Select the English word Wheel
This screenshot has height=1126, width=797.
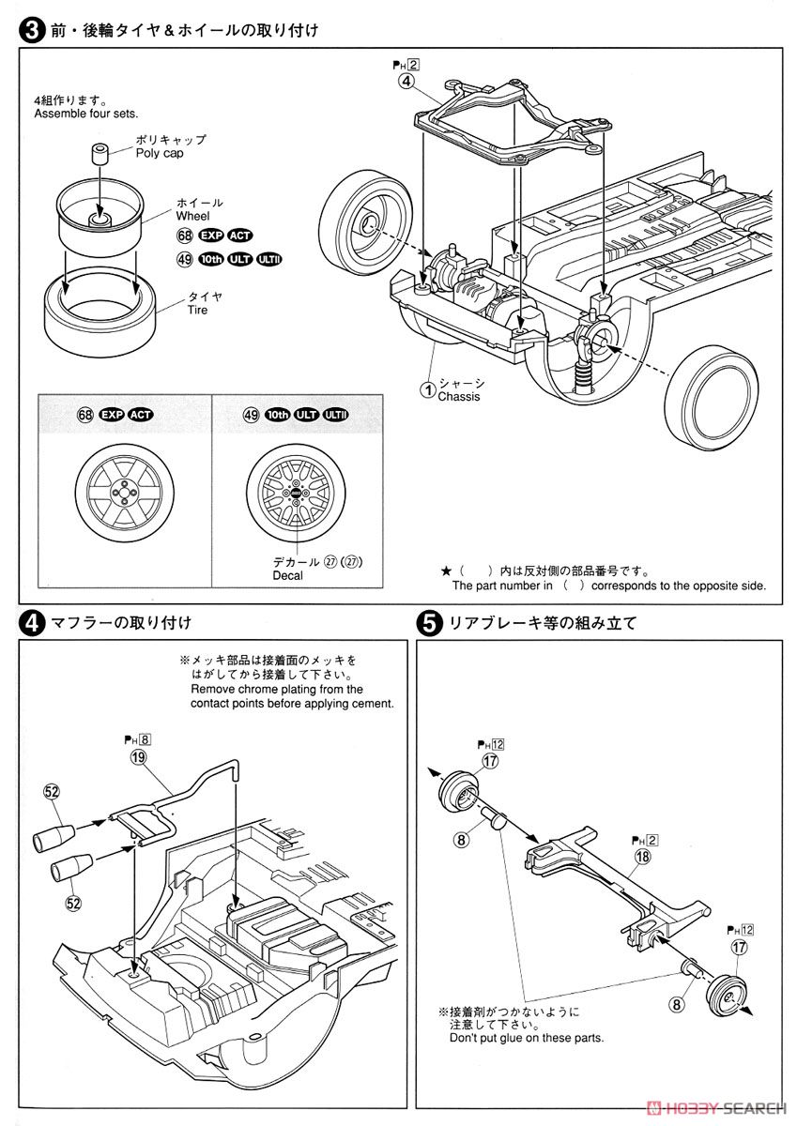click(192, 217)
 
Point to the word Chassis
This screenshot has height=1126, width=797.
click(458, 397)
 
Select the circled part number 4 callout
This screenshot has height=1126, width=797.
click(406, 81)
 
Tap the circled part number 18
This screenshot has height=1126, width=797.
click(642, 857)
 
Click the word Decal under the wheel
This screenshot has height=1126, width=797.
click(287, 576)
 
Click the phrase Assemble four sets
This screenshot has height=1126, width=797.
click(85, 114)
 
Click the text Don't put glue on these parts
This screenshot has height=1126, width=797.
click(527, 1038)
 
